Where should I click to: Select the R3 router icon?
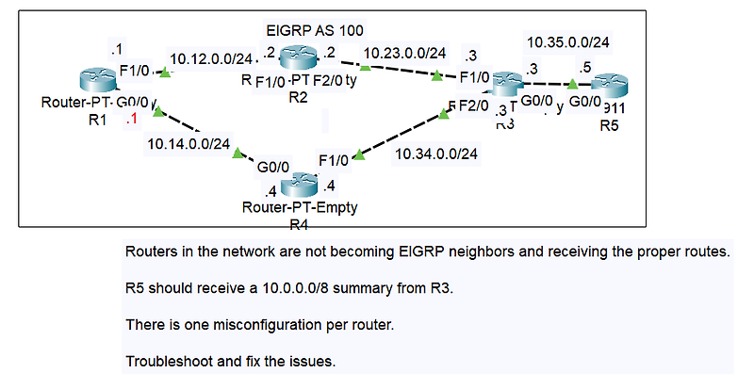coord(507,84)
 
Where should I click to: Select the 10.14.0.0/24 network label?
coord(188,144)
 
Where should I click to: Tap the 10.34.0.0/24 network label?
coord(436,153)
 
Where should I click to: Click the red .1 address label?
coord(132,119)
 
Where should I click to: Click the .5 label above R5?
coord(584,68)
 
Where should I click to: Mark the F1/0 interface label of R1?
coord(136,70)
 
